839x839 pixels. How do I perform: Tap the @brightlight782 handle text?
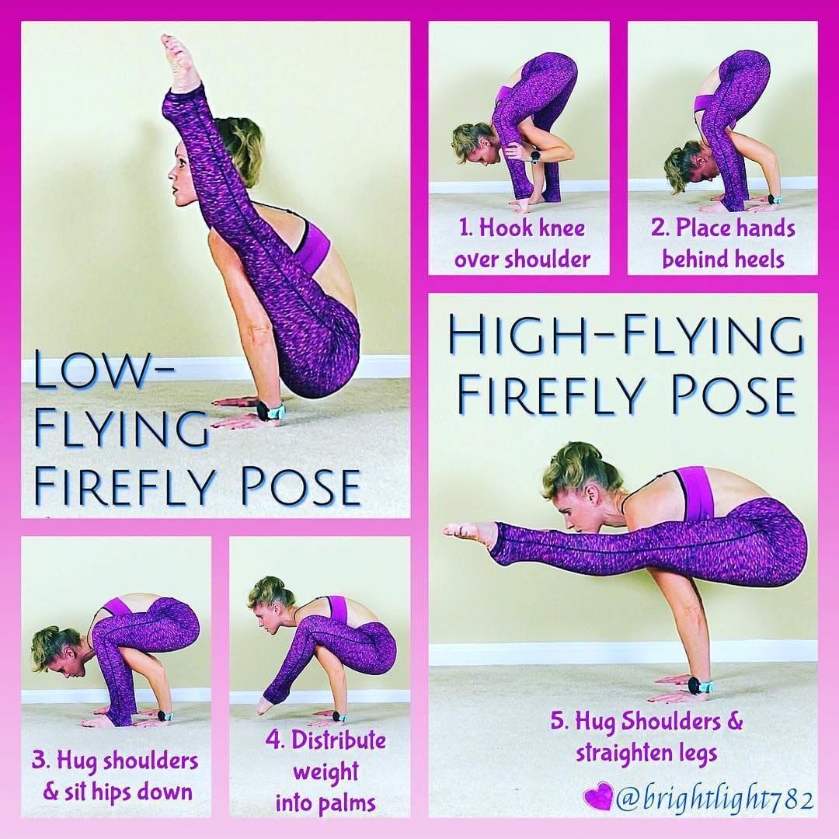[x=715, y=799]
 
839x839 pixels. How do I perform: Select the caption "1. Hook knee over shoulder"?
[x=522, y=243]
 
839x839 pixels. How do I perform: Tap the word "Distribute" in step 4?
[x=339, y=740]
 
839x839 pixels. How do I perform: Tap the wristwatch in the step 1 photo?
[x=534, y=157]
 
